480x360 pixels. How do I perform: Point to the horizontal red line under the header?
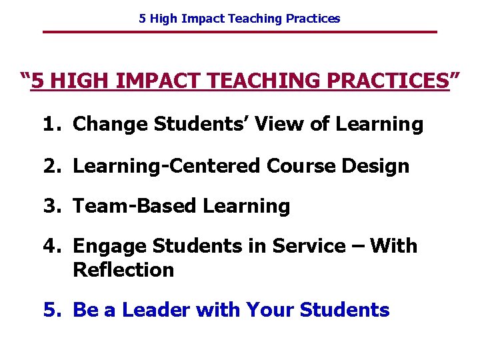(239, 32)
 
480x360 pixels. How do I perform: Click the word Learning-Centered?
(167, 165)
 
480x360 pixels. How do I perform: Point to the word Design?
(379, 165)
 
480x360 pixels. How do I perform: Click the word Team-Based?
(135, 206)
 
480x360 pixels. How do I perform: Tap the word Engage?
(110, 247)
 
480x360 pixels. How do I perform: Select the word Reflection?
(123, 270)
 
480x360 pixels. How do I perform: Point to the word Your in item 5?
(271, 310)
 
